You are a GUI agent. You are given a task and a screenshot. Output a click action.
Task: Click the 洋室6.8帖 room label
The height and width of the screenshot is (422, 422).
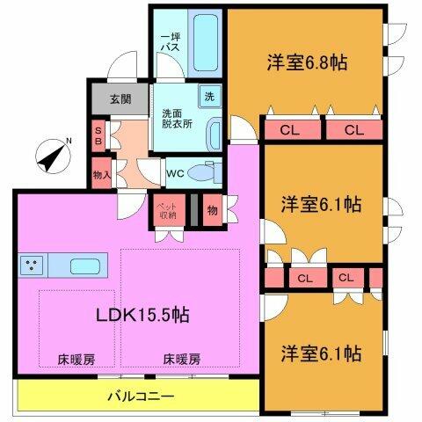click(x=307, y=63)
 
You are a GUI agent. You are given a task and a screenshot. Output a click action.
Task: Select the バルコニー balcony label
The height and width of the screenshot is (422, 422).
click(x=141, y=397)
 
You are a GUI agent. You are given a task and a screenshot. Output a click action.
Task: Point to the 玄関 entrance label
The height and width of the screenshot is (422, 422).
click(x=120, y=98)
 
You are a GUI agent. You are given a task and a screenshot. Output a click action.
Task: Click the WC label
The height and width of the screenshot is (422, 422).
click(x=175, y=173)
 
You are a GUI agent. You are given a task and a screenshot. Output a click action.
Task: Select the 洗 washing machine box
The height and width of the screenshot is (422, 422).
click(x=210, y=97)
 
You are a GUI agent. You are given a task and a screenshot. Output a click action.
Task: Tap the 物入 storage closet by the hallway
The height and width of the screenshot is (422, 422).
click(x=101, y=174)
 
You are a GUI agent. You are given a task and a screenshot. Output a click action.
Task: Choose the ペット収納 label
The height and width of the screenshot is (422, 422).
click(x=166, y=210)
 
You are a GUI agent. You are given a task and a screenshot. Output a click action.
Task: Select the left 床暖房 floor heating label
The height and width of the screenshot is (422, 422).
click(x=76, y=359)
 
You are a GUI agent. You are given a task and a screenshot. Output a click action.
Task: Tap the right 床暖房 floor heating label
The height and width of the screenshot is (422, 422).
click(x=181, y=359)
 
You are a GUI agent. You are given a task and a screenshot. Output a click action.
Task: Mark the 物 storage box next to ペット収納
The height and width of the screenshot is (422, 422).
click(x=213, y=209)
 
